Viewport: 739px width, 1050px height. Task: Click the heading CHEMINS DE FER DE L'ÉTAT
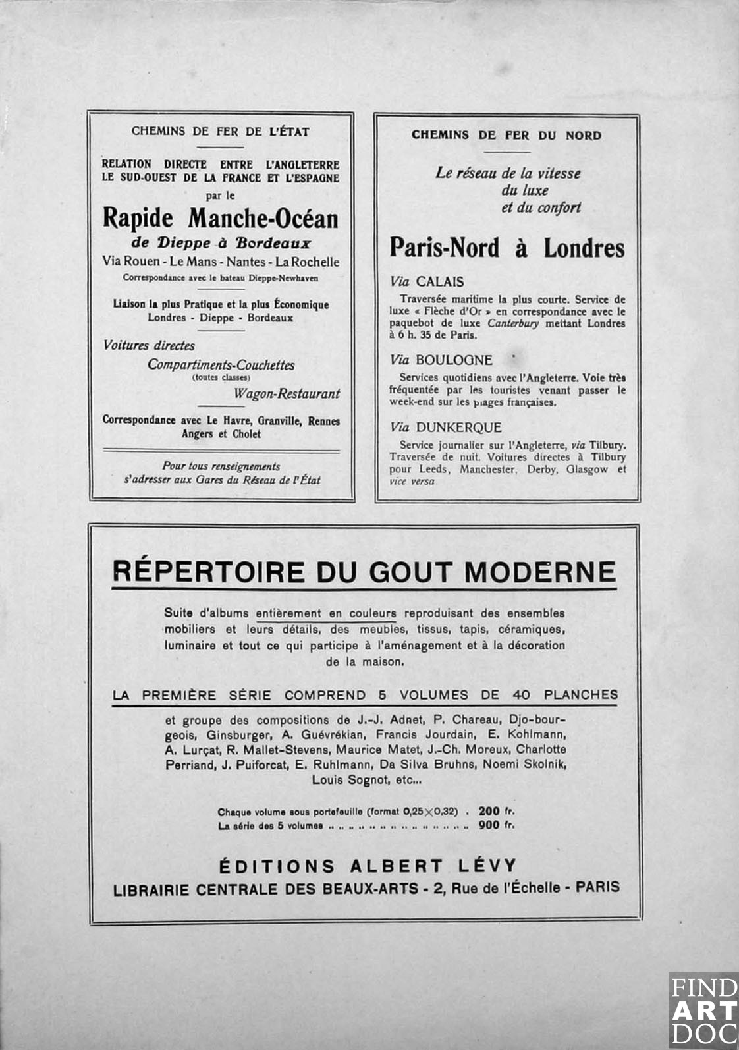[220, 131]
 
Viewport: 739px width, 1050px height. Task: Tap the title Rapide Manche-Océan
[220, 218]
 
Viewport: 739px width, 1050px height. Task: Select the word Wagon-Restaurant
[287, 394]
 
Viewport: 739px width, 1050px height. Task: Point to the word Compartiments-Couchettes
[221, 365]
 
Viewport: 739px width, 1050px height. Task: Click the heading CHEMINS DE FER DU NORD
[506, 135]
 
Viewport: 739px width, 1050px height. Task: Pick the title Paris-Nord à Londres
[506, 248]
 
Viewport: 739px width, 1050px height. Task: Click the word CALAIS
[439, 282]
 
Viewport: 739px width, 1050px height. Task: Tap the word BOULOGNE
[454, 360]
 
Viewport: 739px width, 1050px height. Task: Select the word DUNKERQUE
[458, 428]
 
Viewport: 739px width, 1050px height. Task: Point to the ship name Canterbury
[513, 323]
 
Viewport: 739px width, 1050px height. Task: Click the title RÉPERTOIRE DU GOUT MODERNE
[364, 572]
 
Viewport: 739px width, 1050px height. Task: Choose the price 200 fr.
[497, 811]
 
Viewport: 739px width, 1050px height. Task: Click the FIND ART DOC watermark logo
[703, 1010]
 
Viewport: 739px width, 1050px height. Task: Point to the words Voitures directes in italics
[149, 345]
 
